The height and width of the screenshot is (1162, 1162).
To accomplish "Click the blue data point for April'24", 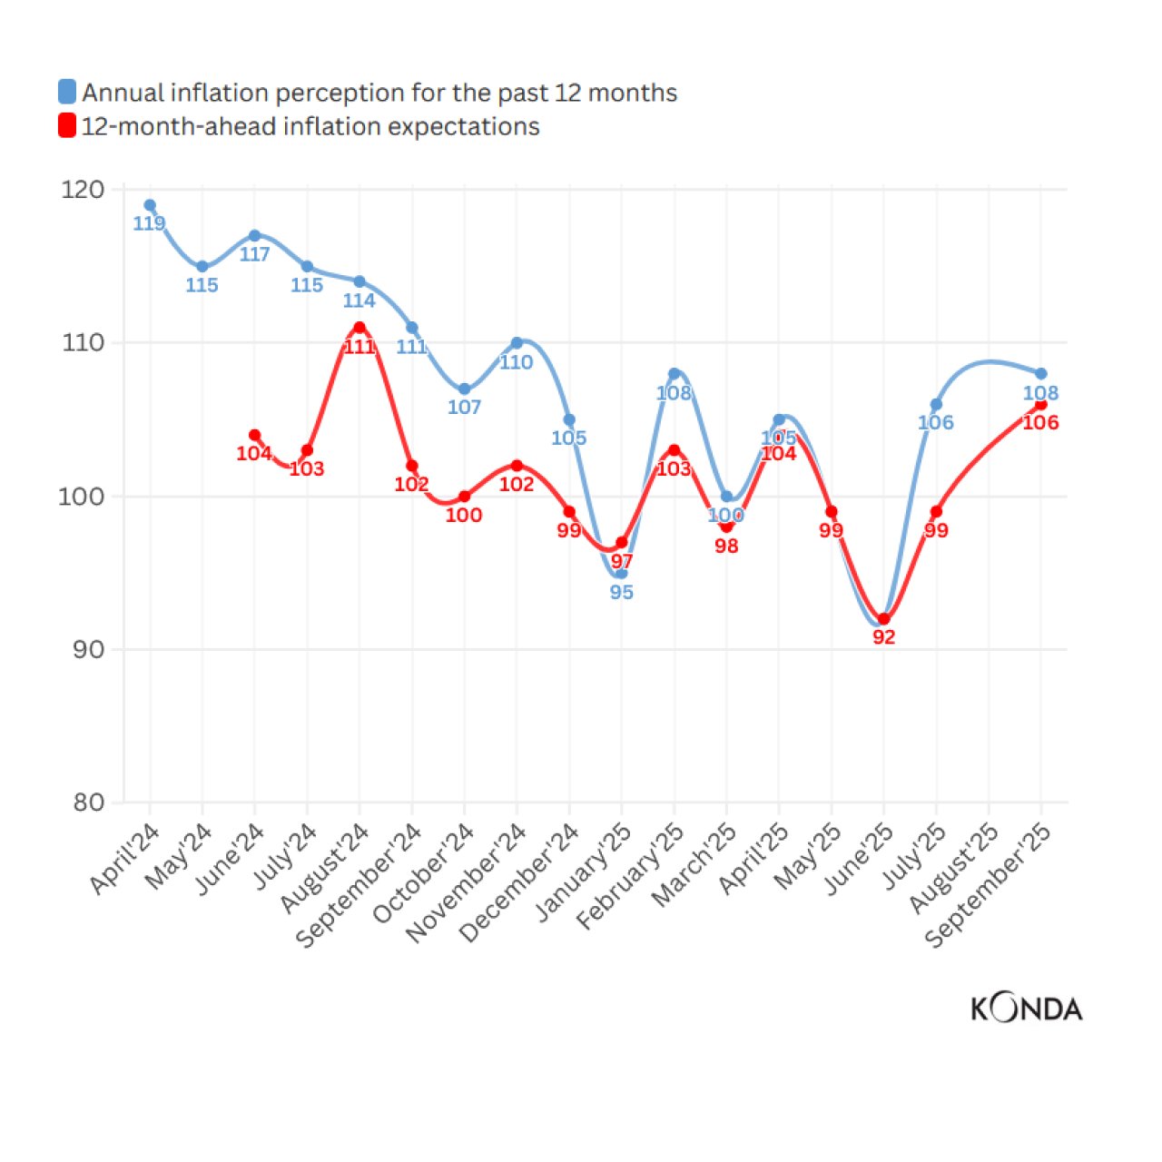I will pyautogui.click(x=150, y=205).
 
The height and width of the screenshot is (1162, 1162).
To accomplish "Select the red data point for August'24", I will pyautogui.click(x=359, y=328).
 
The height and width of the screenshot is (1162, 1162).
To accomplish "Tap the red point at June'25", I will pyautogui.click(x=883, y=619).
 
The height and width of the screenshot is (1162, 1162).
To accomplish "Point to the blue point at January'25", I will pyautogui.click(x=621, y=573).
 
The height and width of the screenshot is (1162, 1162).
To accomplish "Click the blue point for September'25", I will pyautogui.click(x=1040, y=373).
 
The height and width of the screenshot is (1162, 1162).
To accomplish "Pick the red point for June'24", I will pyautogui.click(x=254, y=435).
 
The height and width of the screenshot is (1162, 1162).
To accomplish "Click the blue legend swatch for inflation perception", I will pyautogui.click(x=67, y=92).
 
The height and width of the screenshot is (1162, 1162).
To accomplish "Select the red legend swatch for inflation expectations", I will pyautogui.click(x=67, y=125).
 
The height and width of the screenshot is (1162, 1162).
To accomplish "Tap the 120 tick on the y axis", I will pyautogui.click(x=83, y=190).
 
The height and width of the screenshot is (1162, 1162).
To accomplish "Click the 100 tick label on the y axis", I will pyautogui.click(x=83, y=497).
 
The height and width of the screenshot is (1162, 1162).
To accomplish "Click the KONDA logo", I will pyautogui.click(x=1026, y=1009).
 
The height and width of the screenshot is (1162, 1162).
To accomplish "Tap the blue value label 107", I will pyautogui.click(x=464, y=407).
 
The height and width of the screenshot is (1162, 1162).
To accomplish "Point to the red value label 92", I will pyautogui.click(x=883, y=637).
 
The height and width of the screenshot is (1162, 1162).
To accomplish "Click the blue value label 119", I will pyautogui.click(x=150, y=223).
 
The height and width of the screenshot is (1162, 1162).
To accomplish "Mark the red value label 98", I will pyautogui.click(x=726, y=546).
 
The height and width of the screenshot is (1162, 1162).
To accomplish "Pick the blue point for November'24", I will pyautogui.click(x=517, y=343).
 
